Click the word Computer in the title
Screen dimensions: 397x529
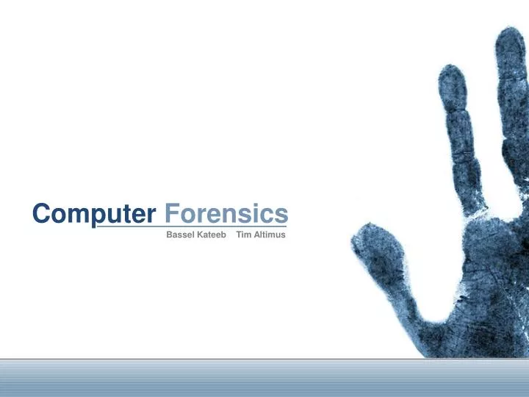point(94,214)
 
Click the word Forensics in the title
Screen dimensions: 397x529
point(226,214)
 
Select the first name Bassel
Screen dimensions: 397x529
point(180,235)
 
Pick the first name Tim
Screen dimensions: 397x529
point(243,235)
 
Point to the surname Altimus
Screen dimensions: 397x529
point(269,235)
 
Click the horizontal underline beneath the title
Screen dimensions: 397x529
point(191,226)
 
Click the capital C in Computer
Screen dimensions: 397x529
point(41,214)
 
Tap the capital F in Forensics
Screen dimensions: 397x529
point(170,214)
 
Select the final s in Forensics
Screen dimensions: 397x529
point(281,215)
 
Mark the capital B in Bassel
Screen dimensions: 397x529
point(170,235)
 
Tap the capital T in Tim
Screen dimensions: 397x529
point(238,235)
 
